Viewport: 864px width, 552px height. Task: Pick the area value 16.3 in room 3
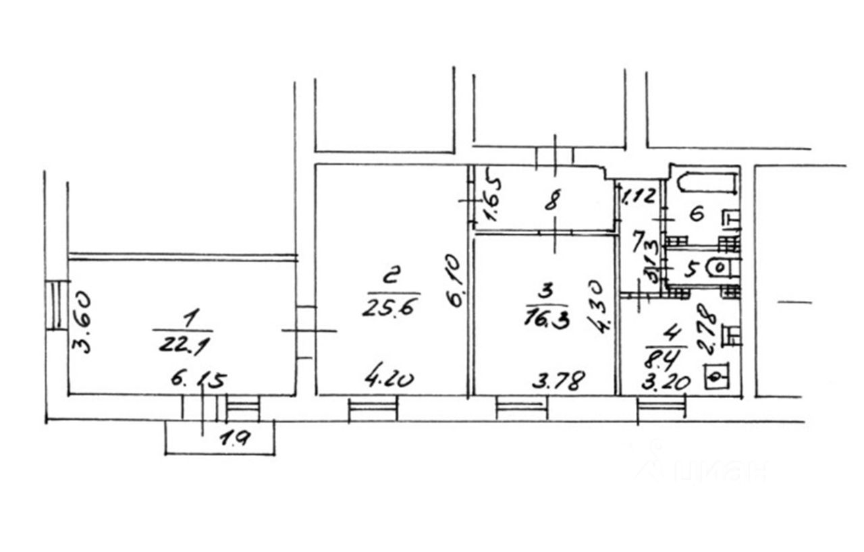[546, 318]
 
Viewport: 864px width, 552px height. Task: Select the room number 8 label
[551, 202]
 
